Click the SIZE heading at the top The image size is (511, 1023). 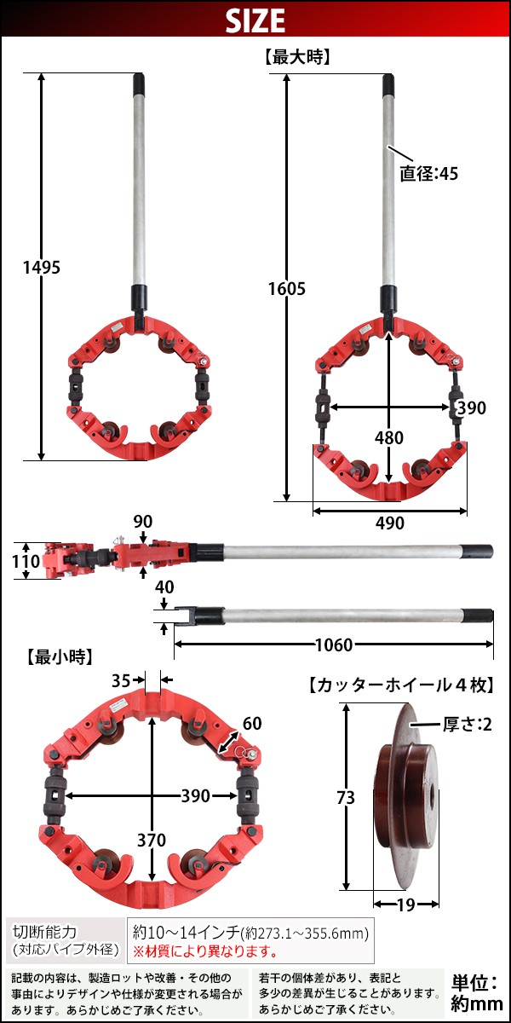(255, 20)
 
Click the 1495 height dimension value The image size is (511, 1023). (42, 268)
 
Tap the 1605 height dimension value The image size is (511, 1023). (286, 289)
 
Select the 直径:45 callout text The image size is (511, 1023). (429, 174)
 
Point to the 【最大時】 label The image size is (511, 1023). (297, 58)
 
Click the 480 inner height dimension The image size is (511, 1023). (389, 437)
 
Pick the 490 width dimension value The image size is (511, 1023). (390, 523)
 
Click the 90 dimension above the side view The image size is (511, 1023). (143, 522)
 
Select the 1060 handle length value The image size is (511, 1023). (335, 645)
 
